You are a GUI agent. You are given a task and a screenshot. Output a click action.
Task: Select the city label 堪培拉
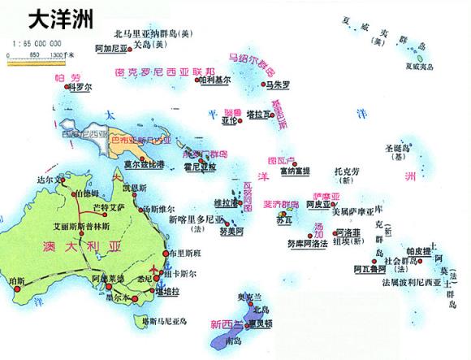[168, 290]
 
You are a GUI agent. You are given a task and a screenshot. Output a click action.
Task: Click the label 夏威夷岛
[427, 66]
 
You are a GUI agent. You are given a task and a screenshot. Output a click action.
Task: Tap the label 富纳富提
[296, 171]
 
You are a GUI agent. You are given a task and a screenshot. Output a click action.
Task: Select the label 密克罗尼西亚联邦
[166, 71]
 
